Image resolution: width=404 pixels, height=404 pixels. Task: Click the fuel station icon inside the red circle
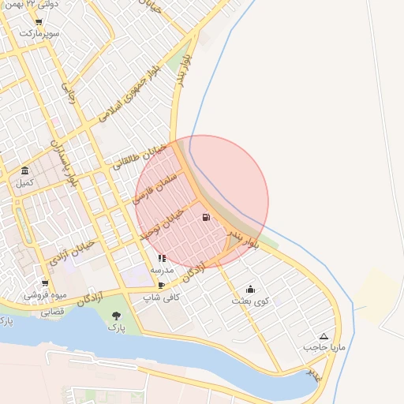[x=206, y=218]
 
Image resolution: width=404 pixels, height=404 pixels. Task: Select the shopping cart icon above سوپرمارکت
[x=39, y=22]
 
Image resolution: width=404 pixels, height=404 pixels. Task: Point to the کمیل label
[x=25, y=183]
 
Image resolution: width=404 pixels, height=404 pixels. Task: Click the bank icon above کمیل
[x=25, y=171]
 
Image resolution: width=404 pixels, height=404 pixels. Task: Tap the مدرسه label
[x=162, y=269]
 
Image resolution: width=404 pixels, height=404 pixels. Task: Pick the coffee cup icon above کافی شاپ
[x=162, y=285]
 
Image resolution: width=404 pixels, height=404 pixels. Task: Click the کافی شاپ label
[x=162, y=297]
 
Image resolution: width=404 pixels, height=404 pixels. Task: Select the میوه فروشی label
[x=45, y=295]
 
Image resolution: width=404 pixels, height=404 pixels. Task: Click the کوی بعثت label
[x=251, y=301]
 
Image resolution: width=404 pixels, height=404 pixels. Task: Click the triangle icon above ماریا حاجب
[x=324, y=336]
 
